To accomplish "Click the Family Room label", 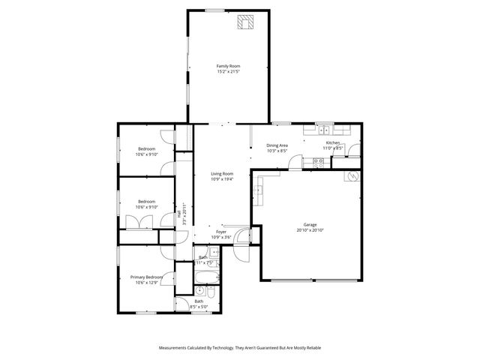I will click(229, 66).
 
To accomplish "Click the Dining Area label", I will click(277, 145).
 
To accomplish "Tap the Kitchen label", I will click(333, 142).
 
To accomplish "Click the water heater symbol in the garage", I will click(349, 177).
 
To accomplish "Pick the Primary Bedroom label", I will click(146, 276).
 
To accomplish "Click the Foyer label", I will click(221, 232).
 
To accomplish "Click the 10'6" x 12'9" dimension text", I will click(146, 283).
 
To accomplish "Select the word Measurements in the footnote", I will click(175, 348).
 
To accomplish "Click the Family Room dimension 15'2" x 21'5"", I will click(229, 72).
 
